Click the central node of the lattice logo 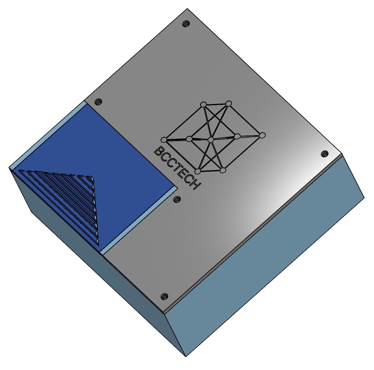[x=211, y=140]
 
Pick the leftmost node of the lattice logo [x=164, y=139]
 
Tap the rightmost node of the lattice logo [x=262, y=135]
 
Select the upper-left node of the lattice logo [x=204, y=104]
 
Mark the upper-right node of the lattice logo [x=229, y=103]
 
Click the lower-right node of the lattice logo [x=223, y=170]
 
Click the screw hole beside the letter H [x=177, y=199]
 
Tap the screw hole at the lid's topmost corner [x=186, y=24]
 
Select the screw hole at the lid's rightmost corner [x=324, y=153]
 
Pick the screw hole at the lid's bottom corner [x=165, y=297]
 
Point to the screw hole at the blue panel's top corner [x=98, y=101]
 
